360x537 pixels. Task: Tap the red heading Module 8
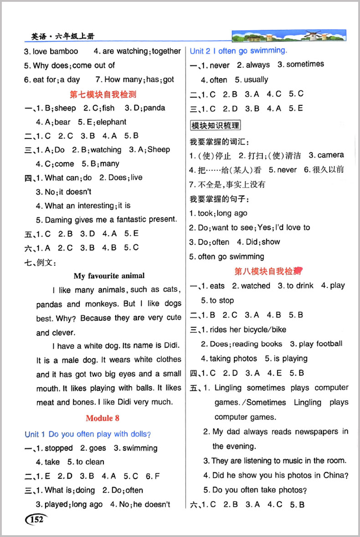(103, 418)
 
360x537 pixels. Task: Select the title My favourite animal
(109, 275)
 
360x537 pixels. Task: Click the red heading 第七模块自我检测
(103, 94)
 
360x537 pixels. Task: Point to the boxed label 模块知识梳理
(216, 125)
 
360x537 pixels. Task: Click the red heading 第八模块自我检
(269, 271)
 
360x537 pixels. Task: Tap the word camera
(331, 155)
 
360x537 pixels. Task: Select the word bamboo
(64, 51)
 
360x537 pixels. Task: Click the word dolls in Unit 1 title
(139, 434)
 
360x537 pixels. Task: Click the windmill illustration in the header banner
(301, 35)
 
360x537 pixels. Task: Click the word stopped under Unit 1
(59, 448)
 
